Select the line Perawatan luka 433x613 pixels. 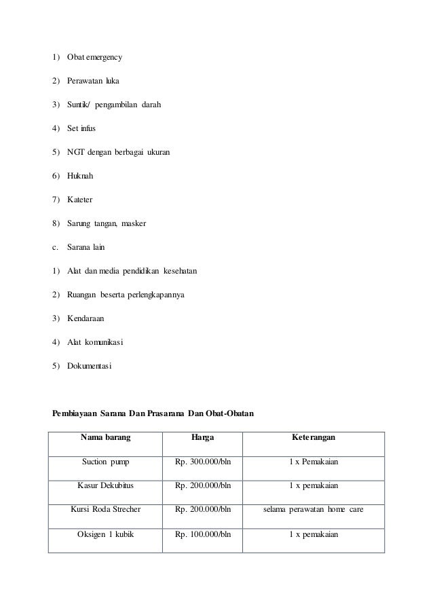coord(93,81)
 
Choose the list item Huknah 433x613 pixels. coord(80,176)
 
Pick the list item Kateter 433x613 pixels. coord(81,200)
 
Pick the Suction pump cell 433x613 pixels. coord(105,462)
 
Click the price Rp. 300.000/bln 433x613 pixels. coord(203,462)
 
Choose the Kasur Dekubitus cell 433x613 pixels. coord(105,486)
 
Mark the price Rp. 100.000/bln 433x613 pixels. coord(203,534)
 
